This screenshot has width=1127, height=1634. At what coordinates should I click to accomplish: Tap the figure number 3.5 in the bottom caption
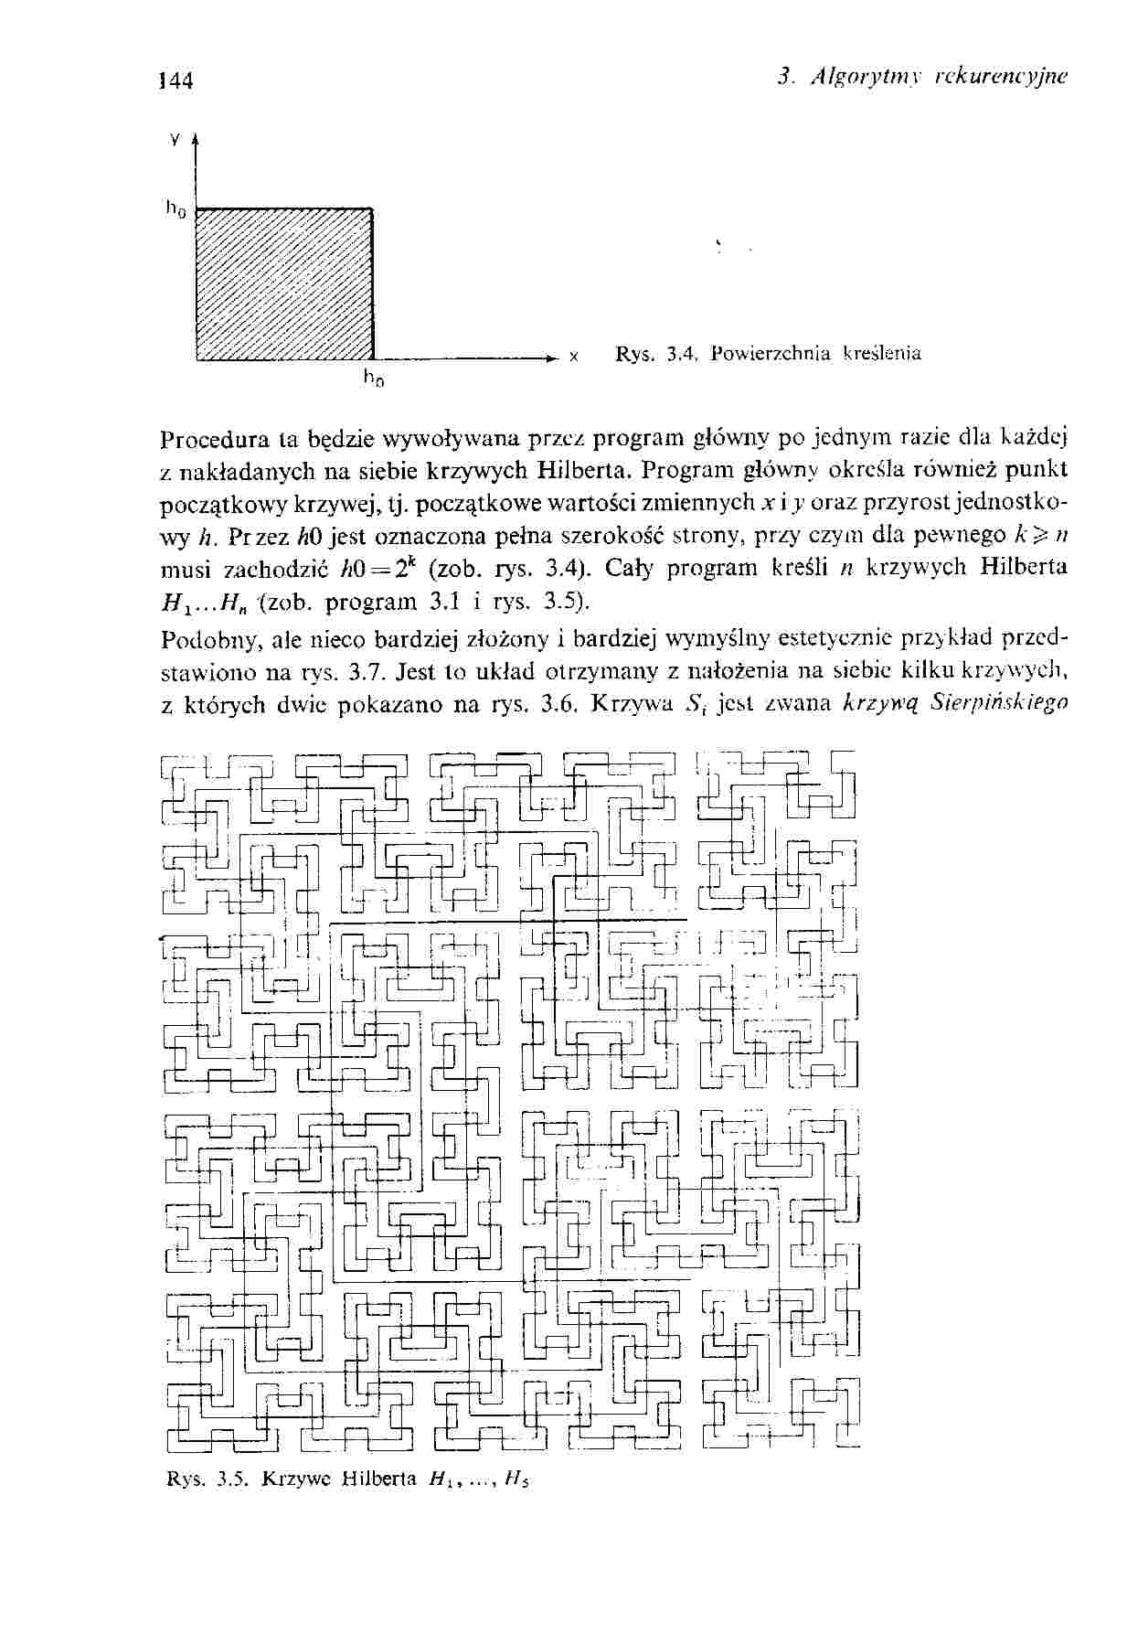coord(228,1479)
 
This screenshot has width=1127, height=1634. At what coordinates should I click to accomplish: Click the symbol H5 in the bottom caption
coord(519,1479)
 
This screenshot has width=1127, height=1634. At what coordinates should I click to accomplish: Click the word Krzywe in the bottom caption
coord(295,1479)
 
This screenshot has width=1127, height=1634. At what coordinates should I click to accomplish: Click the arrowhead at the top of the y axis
coord(197,140)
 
